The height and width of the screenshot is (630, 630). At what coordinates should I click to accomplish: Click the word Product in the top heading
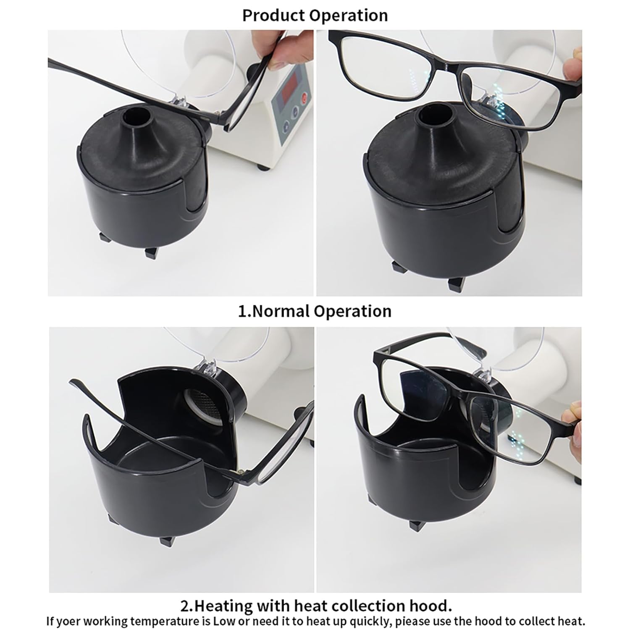point(274,16)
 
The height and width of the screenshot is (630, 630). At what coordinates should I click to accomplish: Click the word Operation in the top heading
point(349,16)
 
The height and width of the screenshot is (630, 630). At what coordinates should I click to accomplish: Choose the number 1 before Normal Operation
point(242,311)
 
